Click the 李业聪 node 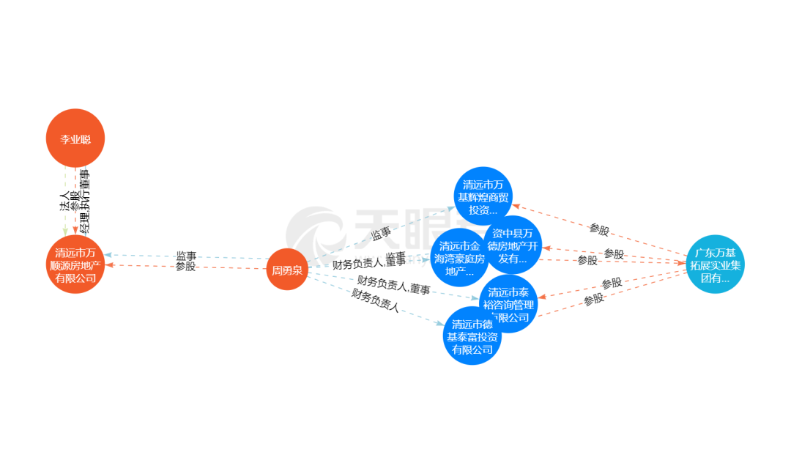point(75,138)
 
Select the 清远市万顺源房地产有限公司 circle point(75,264)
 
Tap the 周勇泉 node point(286,270)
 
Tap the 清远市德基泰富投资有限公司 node point(472,336)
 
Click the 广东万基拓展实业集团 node point(715,264)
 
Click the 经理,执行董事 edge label point(86,201)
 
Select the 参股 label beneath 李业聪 point(75,201)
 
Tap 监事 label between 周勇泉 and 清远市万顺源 point(186,256)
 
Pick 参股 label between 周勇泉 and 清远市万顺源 point(186,267)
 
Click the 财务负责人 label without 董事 point(376,301)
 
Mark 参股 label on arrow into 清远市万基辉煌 point(599,230)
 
